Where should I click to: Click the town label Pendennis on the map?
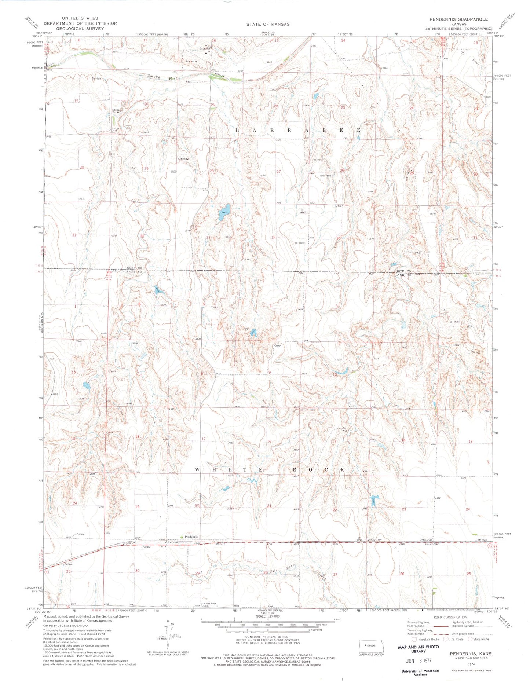(191, 537)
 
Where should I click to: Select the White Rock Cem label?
(210, 604)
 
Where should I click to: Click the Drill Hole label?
(325, 176)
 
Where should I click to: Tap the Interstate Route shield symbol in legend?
(414, 639)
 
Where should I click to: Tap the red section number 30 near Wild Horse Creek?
(138, 571)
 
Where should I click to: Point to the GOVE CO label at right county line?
(402, 271)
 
